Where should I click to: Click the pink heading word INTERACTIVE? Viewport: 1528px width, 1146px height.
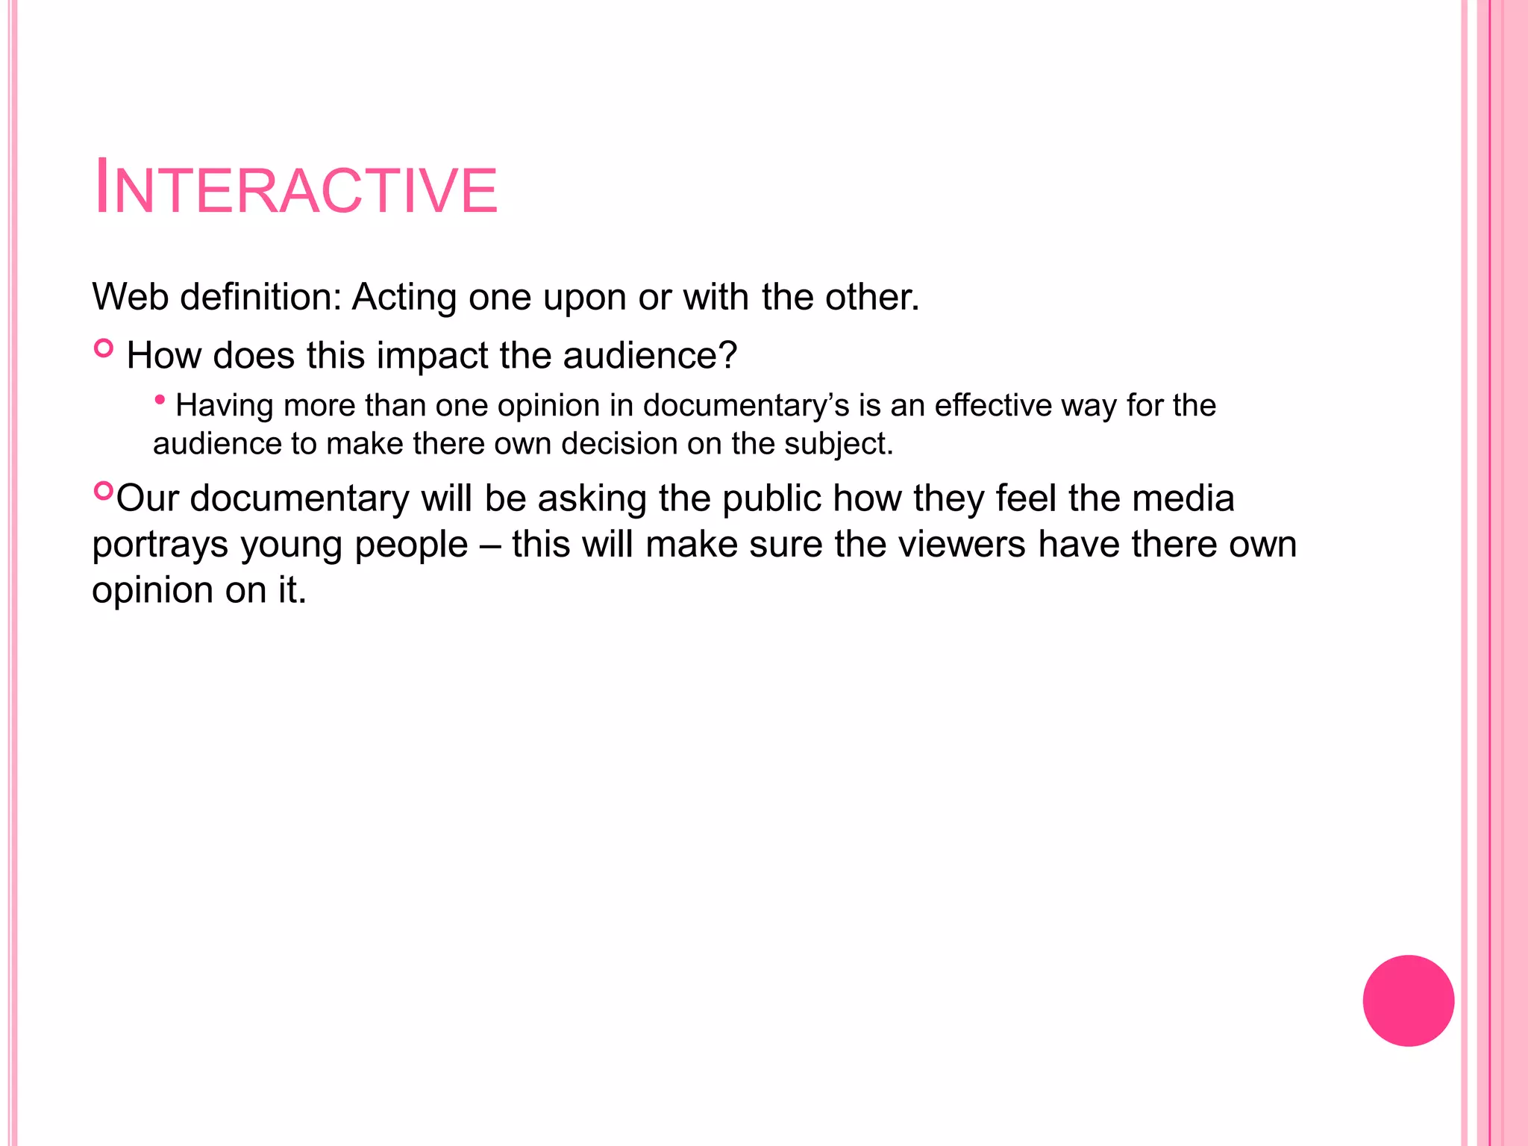[295, 189]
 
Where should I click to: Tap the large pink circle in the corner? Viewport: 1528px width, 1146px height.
[1408, 1001]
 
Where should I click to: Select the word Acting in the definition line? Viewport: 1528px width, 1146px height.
[404, 297]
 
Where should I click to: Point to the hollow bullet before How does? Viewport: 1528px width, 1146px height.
[104, 348]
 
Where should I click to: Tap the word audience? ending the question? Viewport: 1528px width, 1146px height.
[649, 356]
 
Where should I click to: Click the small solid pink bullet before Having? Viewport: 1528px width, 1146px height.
[160, 401]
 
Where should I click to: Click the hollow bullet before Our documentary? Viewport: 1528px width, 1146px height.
[103, 491]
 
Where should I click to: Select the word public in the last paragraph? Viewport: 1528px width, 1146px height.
[768, 498]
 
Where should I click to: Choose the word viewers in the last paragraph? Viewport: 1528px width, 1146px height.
[962, 545]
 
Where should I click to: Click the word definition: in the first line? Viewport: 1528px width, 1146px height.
[260, 297]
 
